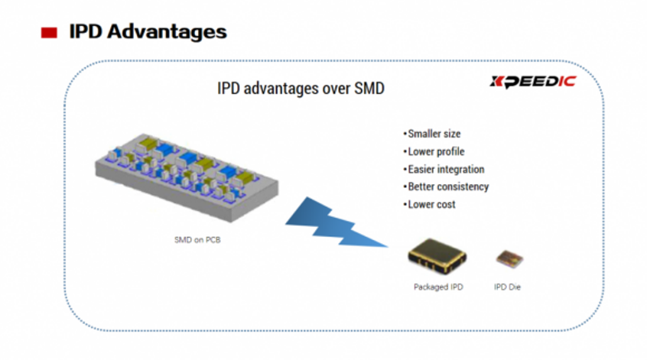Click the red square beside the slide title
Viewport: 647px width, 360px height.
[x=49, y=33]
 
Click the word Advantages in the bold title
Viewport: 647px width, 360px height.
[x=167, y=32]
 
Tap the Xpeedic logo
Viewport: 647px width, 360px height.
[x=533, y=81]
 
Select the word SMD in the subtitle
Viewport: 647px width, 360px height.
[x=369, y=88]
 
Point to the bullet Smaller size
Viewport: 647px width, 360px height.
[x=431, y=134]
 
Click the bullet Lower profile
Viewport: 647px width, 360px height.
[x=434, y=151]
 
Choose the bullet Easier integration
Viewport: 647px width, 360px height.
[x=444, y=169]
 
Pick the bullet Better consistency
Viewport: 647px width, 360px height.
[x=446, y=186]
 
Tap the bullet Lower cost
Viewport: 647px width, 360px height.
[x=429, y=204]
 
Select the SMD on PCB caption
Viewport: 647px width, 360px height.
[x=197, y=239]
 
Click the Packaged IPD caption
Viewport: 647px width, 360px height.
[x=438, y=287]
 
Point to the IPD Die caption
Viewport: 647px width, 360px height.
[x=507, y=287]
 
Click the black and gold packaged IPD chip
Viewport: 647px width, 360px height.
[x=437, y=256]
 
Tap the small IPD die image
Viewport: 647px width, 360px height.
[x=509, y=259]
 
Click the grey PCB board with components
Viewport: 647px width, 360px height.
[x=187, y=177]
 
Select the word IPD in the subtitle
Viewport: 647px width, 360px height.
[x=229, y=88]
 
